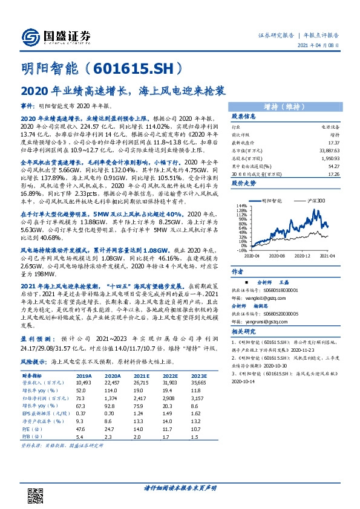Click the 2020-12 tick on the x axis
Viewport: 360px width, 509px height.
tap(303, 255)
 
